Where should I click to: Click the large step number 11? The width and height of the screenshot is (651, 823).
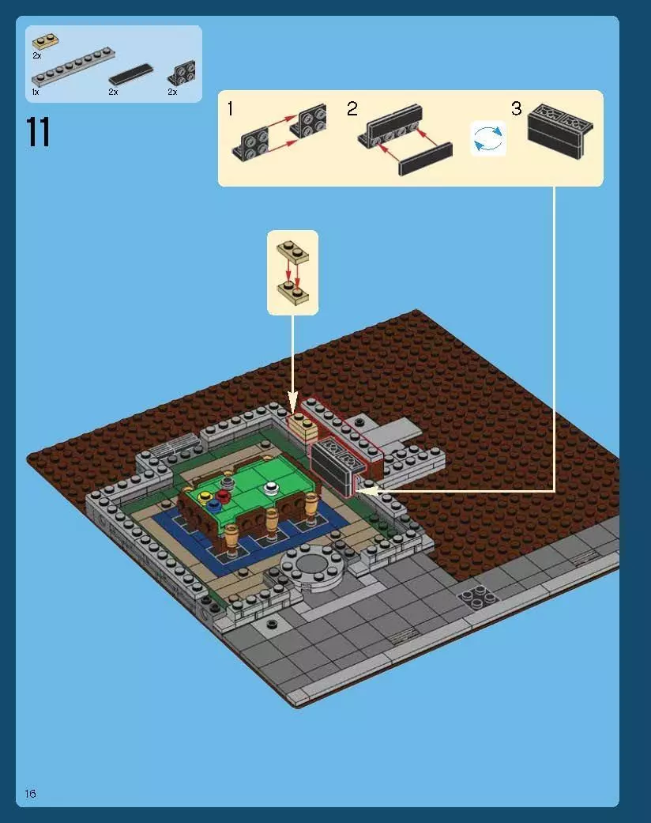coord(38,132)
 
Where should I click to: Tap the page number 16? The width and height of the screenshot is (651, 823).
coord(31,793)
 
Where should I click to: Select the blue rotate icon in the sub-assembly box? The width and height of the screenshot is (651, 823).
coord(487,138)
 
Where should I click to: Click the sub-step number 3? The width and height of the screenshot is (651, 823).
coord(516,109)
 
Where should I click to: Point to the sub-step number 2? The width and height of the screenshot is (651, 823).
coord(352,109)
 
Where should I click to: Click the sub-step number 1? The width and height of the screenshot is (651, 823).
coord(230,109)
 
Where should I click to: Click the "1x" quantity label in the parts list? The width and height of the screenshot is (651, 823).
coord(36,92)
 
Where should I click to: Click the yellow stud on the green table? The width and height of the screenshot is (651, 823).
coord(206,496)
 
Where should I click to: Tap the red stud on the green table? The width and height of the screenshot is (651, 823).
coord(223,496)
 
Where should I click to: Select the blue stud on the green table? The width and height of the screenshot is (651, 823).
coord(214,504)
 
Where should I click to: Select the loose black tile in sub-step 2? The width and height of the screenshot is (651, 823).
coord(425,158)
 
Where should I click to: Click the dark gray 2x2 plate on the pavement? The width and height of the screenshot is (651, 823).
coord(480,597)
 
